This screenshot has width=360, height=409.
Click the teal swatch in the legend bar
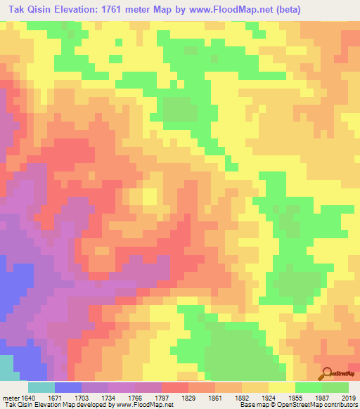coord(41,387)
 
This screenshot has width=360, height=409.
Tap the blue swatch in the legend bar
coord(67,387)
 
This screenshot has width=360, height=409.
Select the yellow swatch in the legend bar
coord(281,387)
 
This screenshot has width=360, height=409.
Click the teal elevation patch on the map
coord(9,366)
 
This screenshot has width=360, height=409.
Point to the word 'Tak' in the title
coord(16,9)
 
